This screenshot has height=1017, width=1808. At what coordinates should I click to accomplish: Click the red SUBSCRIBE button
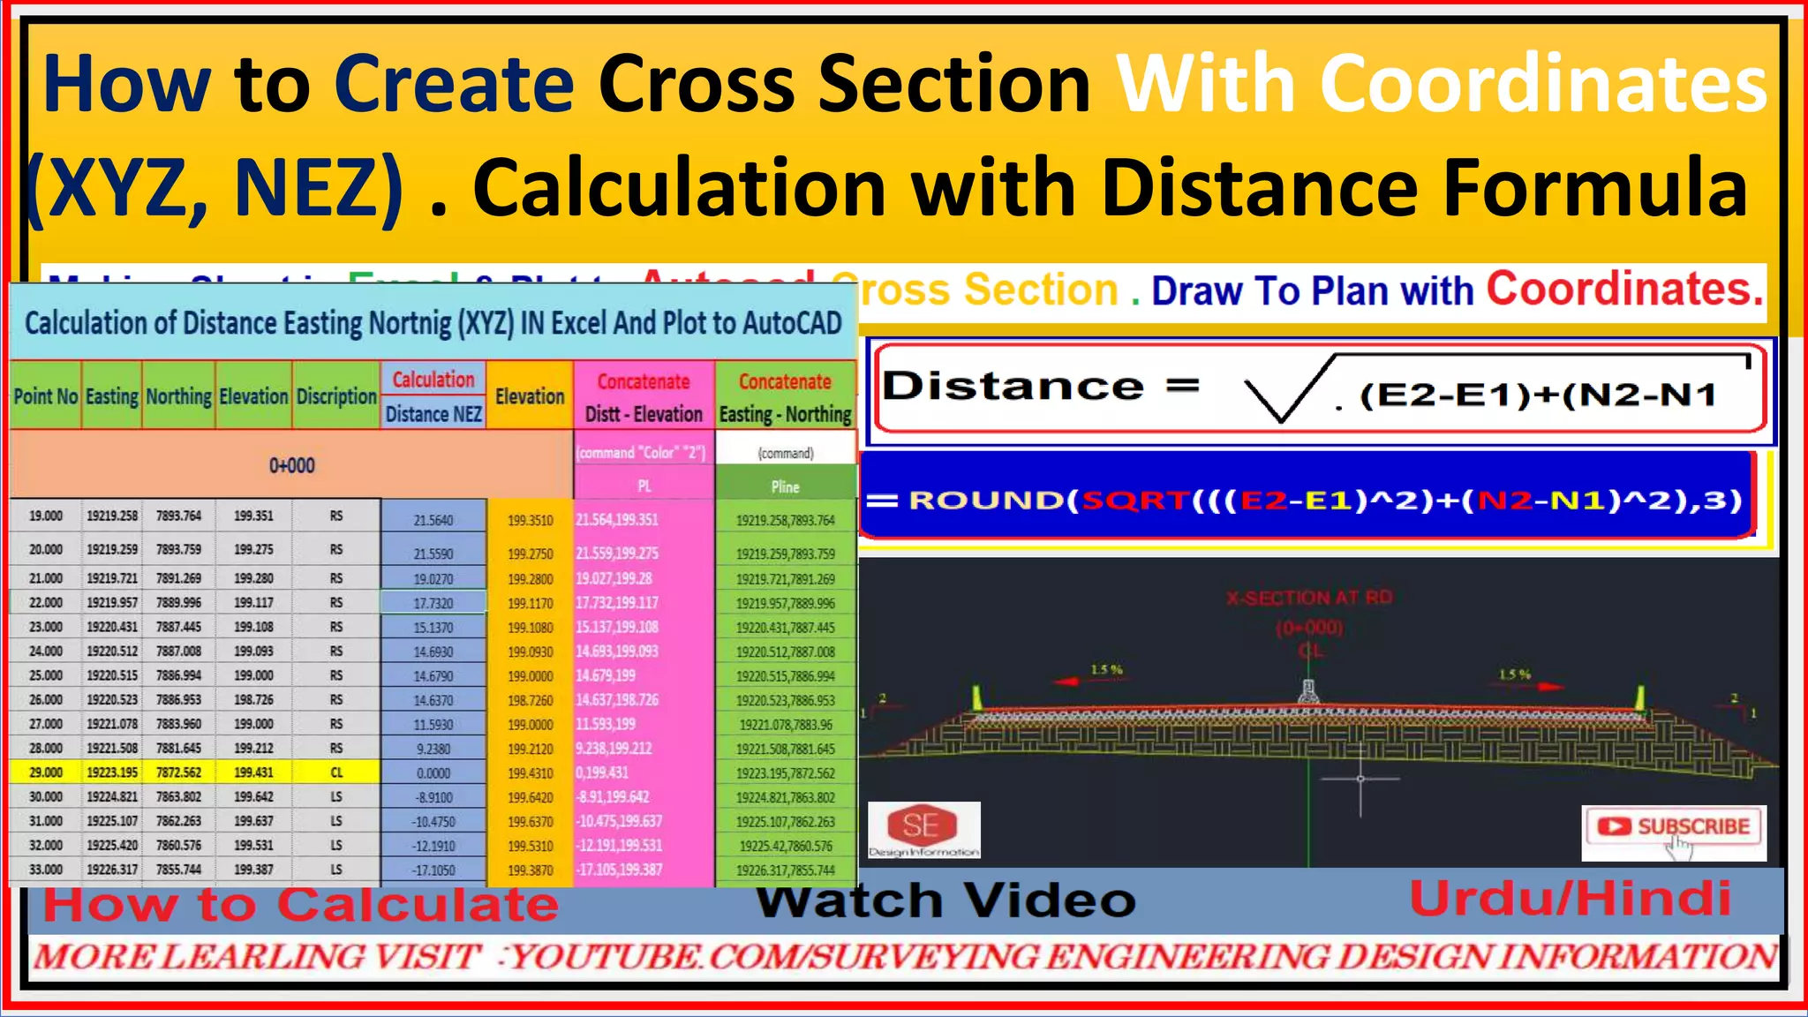1675,827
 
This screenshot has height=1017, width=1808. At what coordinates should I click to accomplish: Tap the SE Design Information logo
923,829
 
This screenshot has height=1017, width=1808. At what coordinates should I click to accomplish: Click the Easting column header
112,396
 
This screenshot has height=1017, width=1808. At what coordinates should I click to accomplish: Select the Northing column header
178,396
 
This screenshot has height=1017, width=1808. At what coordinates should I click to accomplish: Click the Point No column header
46,396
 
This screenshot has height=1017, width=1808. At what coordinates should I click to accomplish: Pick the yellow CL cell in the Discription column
336,772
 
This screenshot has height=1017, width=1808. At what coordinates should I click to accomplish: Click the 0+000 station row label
291,465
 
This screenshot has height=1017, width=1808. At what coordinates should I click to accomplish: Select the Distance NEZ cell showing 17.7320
433,603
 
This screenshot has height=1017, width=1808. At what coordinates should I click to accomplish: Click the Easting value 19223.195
112,772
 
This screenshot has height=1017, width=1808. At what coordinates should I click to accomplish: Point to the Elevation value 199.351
253,516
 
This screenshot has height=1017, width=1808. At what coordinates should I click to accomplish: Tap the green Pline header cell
785,486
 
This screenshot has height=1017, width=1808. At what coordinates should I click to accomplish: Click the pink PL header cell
644,486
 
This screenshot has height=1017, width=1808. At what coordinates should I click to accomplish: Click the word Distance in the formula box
1013,387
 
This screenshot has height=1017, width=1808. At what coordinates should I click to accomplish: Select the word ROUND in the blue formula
985,501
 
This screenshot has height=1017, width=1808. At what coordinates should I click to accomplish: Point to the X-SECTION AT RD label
1309,598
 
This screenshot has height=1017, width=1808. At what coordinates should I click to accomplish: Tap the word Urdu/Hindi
1570,899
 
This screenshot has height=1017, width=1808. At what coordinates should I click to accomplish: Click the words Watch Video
945,900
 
